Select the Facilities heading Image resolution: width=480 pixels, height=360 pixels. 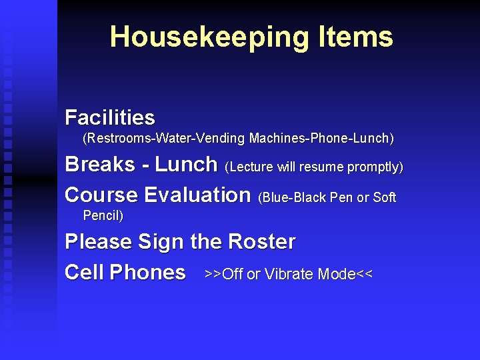pos(110,118)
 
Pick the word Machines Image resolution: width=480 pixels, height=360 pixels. pos(275,139)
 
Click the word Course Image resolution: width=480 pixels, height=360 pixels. pos(101,195)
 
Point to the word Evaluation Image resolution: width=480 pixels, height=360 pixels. pos(197,195)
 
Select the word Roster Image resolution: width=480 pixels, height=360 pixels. pos(261,241)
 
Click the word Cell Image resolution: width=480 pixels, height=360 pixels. pos(85,272)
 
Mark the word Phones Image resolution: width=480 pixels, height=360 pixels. pos(147,272)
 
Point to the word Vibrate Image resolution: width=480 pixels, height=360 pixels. pos(289,274)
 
